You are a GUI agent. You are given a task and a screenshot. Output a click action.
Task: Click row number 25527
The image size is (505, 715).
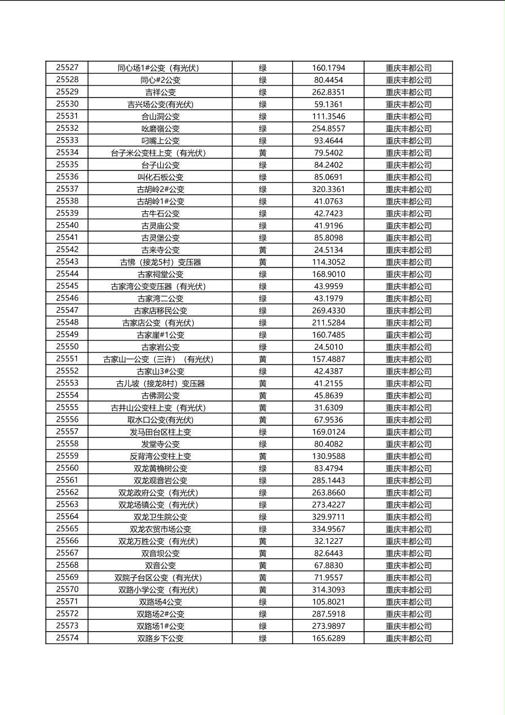click(x=67, y=67)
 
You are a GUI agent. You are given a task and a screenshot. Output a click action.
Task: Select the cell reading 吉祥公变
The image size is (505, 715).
click(x=160, y=92)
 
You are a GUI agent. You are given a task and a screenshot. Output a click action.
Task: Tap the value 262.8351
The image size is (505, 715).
click(x=328, y=92)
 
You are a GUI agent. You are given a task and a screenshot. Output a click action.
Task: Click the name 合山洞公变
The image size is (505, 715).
click(x=160, y=116)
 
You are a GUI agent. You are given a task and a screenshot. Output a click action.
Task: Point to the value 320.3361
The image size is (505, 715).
click(x=328, y=189)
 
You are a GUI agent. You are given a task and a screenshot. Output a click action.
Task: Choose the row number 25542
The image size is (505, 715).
click(x=67, y=250)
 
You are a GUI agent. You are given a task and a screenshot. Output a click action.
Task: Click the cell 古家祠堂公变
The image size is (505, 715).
click(x=160, y=274)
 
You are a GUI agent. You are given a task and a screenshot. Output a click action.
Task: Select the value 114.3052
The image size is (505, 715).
click(x=328, y=262)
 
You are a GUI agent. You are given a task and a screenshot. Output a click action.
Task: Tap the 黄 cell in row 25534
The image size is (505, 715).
click(x=263, y=153)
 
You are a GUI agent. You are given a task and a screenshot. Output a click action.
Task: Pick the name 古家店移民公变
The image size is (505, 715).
click(x=160, y=310)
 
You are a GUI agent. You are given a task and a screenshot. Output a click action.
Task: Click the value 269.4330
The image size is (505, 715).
click(x=328, y=310)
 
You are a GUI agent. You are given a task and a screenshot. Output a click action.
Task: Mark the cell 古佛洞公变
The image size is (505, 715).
click(x=160, y=395)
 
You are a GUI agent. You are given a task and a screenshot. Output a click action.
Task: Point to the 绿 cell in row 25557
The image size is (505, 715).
click(x=263, y=432)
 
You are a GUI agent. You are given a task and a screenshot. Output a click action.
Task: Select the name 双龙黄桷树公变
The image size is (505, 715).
click(x=160, y=469)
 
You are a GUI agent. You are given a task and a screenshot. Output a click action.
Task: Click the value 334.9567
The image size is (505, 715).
click(x=328, y=529)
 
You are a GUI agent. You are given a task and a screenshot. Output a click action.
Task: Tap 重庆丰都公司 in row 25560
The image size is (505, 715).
click(x=408, y=469)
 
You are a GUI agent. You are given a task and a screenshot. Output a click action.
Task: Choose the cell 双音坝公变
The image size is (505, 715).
click(x=160, y=554)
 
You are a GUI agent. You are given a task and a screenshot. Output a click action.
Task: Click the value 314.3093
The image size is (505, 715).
click(x=328, y=590)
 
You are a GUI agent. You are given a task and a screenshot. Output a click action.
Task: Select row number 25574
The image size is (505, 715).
click(x=67, y=639)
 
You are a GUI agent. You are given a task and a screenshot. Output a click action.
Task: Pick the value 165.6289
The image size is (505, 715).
click(x=328, y=639)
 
